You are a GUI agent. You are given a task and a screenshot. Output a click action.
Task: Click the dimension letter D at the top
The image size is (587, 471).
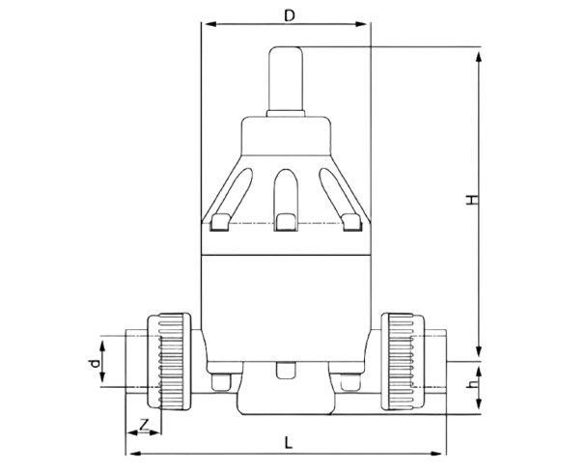point(288,14)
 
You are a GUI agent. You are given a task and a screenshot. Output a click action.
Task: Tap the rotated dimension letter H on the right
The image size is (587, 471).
point(472,201)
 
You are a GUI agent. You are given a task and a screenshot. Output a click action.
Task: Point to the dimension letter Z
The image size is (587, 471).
point(143,425)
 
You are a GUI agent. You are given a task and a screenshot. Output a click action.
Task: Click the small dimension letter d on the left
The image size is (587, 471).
point(94,363)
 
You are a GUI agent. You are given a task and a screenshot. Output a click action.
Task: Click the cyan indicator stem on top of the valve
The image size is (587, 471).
point(287,86)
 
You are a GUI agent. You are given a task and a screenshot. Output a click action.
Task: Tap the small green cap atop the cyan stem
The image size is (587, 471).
point(287,50)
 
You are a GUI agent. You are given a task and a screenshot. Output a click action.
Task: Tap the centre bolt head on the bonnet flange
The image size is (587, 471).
point(287,223)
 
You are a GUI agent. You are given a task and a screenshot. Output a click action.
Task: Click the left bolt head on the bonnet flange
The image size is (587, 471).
point(219,224)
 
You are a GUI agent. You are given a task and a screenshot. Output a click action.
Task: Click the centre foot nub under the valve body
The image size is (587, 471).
point(286,370)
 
